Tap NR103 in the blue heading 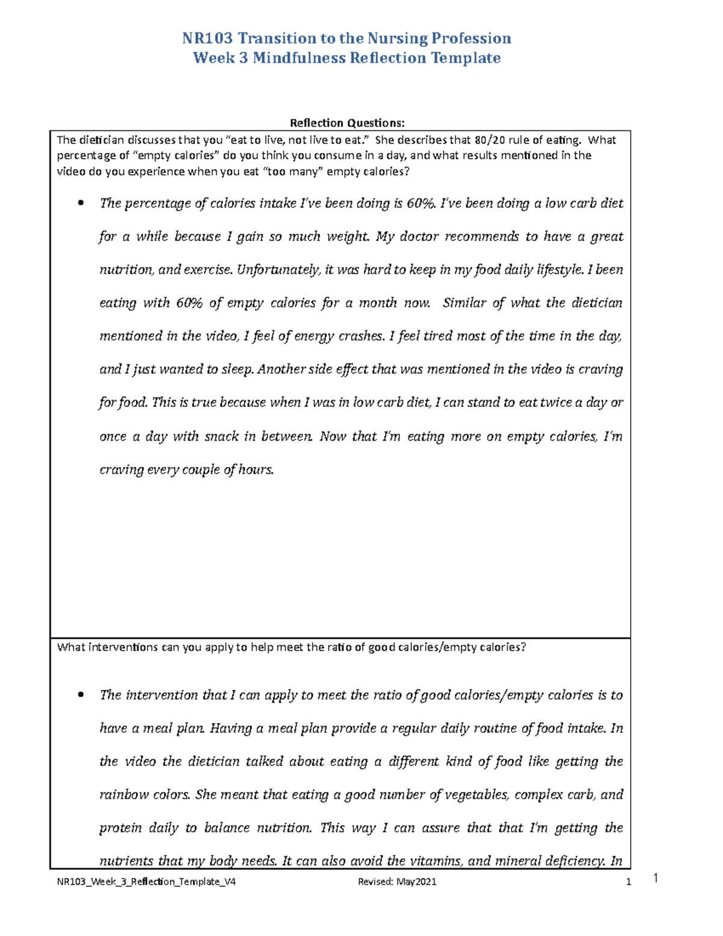[208, 39]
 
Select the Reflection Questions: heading [347, 123]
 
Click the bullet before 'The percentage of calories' [81, 204]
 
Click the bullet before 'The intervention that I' [81, 696]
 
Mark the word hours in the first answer [256, 470]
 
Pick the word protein [120, 828]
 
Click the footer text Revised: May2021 [397, 882]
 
